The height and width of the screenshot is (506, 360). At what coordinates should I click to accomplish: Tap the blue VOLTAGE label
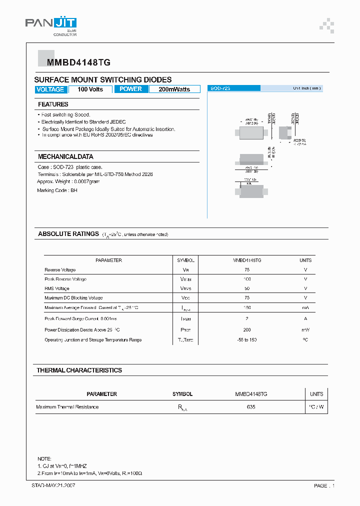50,89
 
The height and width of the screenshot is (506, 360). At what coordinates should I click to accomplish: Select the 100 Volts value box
90,89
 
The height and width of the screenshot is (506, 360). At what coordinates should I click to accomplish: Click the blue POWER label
131,89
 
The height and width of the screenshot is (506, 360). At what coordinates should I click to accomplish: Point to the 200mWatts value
174,89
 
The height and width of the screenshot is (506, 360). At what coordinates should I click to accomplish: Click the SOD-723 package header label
220,88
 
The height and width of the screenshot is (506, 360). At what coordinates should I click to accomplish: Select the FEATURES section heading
53,104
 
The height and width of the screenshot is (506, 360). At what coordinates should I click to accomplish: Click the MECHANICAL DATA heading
65,156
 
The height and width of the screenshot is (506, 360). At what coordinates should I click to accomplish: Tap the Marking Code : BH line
57,190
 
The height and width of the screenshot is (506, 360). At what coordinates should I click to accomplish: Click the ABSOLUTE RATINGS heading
68,234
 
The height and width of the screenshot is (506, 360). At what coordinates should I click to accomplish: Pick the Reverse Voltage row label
60,270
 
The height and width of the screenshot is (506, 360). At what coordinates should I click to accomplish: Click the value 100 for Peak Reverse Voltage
247,279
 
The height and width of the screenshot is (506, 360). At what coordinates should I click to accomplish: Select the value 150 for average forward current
247,308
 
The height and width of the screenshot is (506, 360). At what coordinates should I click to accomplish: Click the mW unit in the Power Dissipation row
305,330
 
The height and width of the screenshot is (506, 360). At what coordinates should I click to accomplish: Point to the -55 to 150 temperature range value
247,340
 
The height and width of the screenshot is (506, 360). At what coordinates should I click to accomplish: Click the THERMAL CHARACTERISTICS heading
79,370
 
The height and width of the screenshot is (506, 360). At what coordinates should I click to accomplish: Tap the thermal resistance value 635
251,407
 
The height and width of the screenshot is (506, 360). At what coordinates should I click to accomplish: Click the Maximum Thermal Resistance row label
67,407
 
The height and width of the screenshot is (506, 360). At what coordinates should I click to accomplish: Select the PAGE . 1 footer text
324,486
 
